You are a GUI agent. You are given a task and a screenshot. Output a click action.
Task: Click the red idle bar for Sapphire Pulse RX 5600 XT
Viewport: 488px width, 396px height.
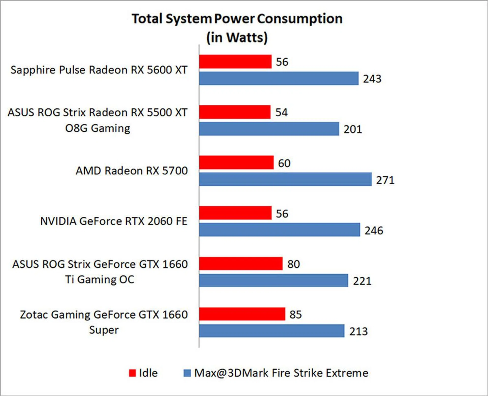235,62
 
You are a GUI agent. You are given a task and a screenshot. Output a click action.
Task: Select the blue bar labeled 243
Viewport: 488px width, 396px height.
279,78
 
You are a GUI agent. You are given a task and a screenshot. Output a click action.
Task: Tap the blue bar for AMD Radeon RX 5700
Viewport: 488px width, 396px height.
285,179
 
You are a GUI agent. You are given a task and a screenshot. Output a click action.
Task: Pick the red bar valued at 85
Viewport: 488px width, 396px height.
242,314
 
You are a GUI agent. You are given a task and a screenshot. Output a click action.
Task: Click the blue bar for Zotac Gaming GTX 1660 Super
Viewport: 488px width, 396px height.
271,331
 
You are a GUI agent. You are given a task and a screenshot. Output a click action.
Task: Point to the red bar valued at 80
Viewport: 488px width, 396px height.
241,264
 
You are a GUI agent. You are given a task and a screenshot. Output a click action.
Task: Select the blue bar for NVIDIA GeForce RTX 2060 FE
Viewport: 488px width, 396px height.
279,230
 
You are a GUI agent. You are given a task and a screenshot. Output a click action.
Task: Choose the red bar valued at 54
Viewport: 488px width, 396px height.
235,112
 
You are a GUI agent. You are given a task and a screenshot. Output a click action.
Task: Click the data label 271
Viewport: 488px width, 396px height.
385,180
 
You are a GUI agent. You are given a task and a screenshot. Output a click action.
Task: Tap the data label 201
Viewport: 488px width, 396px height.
353,129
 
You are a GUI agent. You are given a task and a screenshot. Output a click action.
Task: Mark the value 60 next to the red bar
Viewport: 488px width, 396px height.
284,163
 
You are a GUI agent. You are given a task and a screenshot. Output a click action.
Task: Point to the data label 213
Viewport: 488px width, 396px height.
358,331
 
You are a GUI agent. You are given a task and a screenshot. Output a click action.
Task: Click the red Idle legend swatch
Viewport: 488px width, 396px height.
132,373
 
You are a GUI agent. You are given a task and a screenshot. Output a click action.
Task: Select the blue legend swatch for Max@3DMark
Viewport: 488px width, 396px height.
187,373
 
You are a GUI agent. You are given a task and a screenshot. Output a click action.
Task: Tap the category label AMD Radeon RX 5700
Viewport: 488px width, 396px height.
132,171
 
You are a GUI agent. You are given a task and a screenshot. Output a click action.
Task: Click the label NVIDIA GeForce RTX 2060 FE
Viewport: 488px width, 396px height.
114,221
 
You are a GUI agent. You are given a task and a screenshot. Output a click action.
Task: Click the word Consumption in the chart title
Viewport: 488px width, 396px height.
300,19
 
